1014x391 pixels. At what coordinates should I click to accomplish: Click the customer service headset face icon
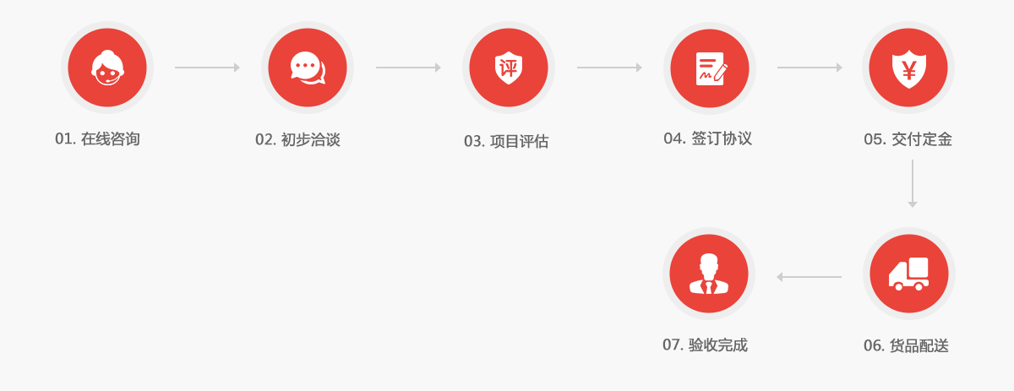[107, 68]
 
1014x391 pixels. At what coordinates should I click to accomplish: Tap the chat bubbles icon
[308, 68]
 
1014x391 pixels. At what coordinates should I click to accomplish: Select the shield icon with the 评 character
[509, 68]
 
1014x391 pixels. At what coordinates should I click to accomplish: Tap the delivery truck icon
[908, 274]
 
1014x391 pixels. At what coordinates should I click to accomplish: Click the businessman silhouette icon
[708, 274]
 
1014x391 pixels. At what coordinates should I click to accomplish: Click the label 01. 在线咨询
[97, 139]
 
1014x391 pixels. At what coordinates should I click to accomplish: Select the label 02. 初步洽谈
[297, 139]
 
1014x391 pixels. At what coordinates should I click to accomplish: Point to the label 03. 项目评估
[506, 141]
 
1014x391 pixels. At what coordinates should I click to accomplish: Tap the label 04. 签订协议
[707, 138]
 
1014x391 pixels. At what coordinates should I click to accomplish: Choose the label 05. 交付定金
[908, 139]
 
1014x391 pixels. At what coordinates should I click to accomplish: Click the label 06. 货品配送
[906, 345]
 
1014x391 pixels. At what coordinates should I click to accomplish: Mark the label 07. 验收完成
[705, 345]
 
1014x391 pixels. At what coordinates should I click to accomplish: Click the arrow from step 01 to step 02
[207, 68]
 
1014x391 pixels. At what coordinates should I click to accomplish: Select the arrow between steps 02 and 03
[408, 68]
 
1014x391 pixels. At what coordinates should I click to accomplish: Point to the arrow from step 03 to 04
[609, 68]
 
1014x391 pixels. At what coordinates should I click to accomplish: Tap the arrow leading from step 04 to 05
[810, 68]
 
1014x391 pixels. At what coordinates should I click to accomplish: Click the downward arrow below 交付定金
[912, 183]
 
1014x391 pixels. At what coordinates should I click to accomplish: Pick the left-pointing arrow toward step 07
[809, 276]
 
